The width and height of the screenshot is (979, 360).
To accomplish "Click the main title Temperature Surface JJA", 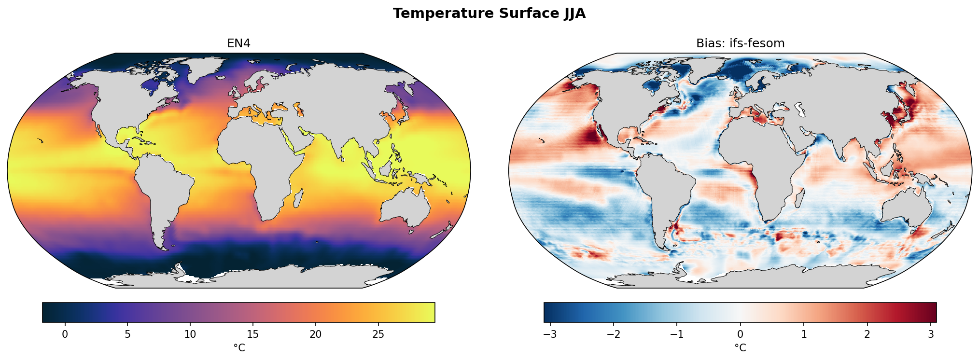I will pyautogui.click(x=489, y=14).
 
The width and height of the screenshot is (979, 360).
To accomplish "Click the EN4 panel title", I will pyautogui.click(x=238, y=43).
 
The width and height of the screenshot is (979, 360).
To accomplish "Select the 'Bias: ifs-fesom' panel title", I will pyautogui.click(x=740, y=43).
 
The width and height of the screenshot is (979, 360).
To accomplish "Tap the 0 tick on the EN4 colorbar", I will pyautogui.click(x=65, y=334).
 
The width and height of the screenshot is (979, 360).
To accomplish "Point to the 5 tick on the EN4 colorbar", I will pyautogui.click(x=127, y=334).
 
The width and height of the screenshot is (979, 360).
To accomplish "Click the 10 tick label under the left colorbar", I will pyautogui.click(x=190, y=334).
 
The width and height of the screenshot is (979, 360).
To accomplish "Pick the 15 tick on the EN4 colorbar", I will pyautogui.click(x=253, y=334).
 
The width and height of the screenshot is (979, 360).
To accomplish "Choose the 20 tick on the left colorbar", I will pyautogui.click(x=316, y=334).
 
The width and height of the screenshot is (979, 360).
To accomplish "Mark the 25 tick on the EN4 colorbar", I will pyautogui.click(x=378, y=334).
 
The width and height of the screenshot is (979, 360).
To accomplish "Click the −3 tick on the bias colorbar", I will pyautogui.click(x=550, y=334).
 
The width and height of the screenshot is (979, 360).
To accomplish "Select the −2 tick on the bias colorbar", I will pyautogui.click(x=613, y=334).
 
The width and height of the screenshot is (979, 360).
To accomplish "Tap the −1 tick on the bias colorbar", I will pyautogui.click(x=676, y=334).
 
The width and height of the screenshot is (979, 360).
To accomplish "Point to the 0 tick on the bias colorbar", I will pyautogui.click(x=740, y=334).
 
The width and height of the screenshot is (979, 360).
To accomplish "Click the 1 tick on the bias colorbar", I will pyautogui.click(x=804, y=334).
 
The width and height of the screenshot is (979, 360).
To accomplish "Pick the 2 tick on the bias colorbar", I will pyautogui.click(x=867, y=334).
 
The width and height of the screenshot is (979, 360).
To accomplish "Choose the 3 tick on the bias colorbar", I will pyautogui.click(x=930, y=334).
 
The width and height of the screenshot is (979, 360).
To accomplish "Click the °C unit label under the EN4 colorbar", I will pyautogui.click(x=239, y=347).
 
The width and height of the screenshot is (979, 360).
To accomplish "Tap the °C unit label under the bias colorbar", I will pyautogui.click(x=740, y=347).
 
